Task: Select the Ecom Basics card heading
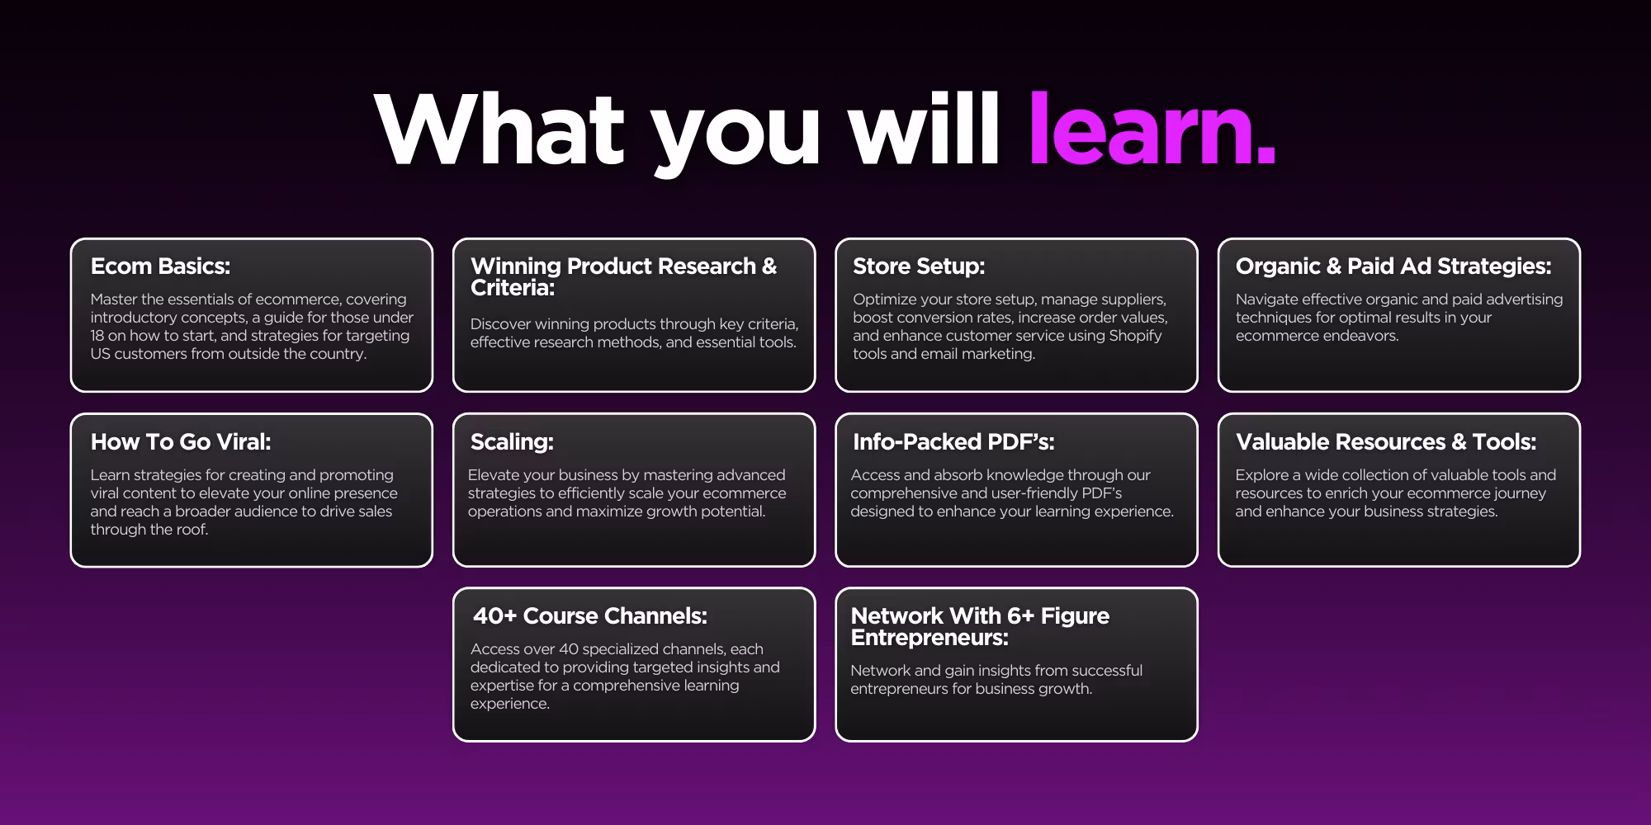(160, 266)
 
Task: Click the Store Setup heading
(919, 266)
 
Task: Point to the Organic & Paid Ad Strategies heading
(1393, 266)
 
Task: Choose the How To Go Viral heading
(181, 441)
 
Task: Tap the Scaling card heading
(512, 441)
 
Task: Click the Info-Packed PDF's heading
(953, 441)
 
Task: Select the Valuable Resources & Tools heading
(1386, 441)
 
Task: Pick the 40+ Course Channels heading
(590, 615)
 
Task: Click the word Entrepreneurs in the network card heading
(930, 638)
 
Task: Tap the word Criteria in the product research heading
(513, 288)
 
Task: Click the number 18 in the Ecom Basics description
(97, 336)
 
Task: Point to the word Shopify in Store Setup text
(1135, 336)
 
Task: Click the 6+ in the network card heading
(1020, 615)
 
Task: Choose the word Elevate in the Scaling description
(495, 475)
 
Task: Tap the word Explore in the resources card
(1261, 475)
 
